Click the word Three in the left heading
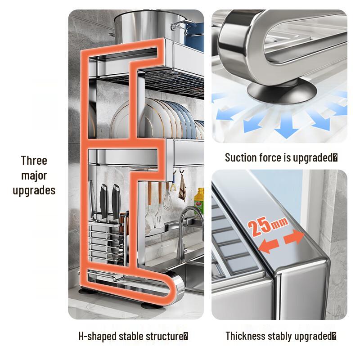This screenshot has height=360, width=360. [34, 161]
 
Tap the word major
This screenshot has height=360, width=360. [34, 175]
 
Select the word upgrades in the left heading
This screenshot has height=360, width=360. [34, 190]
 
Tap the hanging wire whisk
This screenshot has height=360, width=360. [168, 198]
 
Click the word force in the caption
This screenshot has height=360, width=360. [269, 157]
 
